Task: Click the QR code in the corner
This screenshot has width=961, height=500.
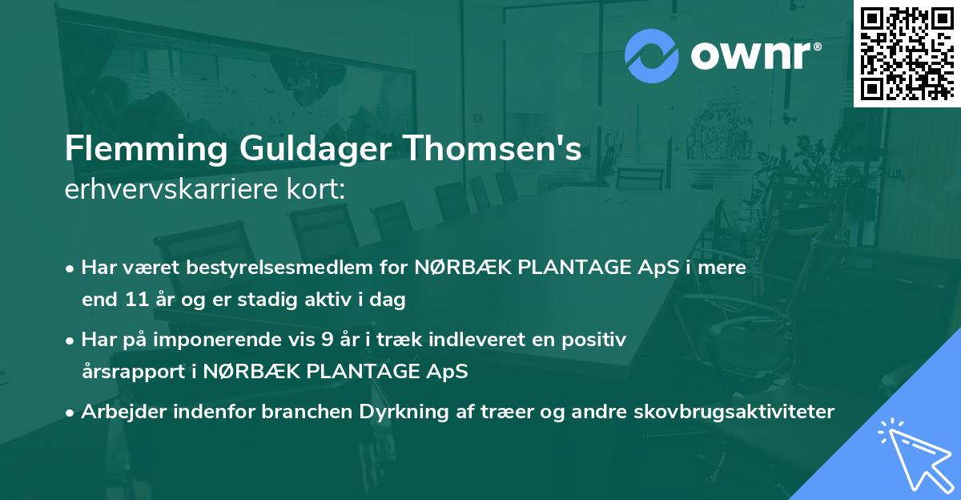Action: [907, 53]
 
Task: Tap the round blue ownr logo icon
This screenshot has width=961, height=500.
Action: [652, 55]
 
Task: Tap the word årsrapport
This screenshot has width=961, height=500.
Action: [129, 372]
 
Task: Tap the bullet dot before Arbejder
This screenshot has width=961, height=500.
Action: [71, 412]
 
